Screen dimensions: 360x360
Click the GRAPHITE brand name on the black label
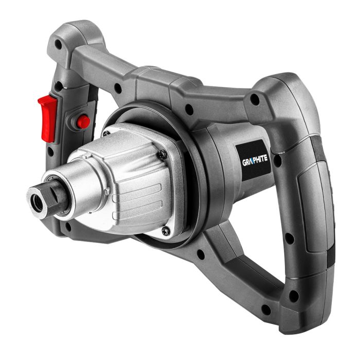click(x=255, y=161)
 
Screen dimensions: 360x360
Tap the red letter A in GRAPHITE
click(x=251, y=161)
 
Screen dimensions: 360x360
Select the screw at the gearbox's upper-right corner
click(x=163, y=153)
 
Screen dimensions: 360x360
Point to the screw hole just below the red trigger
click(x=51, y=153)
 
